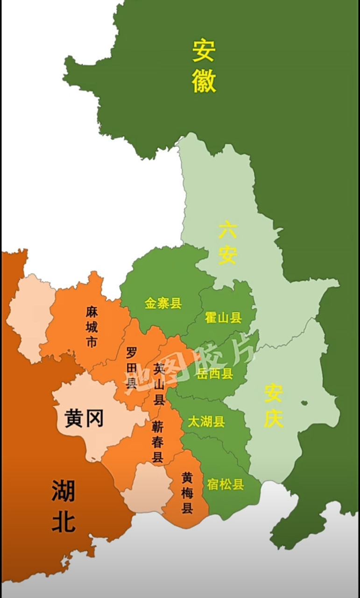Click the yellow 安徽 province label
click(x=204, y=66)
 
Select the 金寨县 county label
click(x=163, y=304)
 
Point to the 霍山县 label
click(x=223, y=318)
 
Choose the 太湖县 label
click(x=206, y=422)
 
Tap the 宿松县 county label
click(x=226, y=484)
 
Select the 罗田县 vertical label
click(x=132, y=368)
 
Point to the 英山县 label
click(x=159, y=384)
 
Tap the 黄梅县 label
click(x=187, y=493)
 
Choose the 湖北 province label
click(x=64, y=506)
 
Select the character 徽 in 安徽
click(x=204, y=81)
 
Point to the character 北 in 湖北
click(x=64, y=521)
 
